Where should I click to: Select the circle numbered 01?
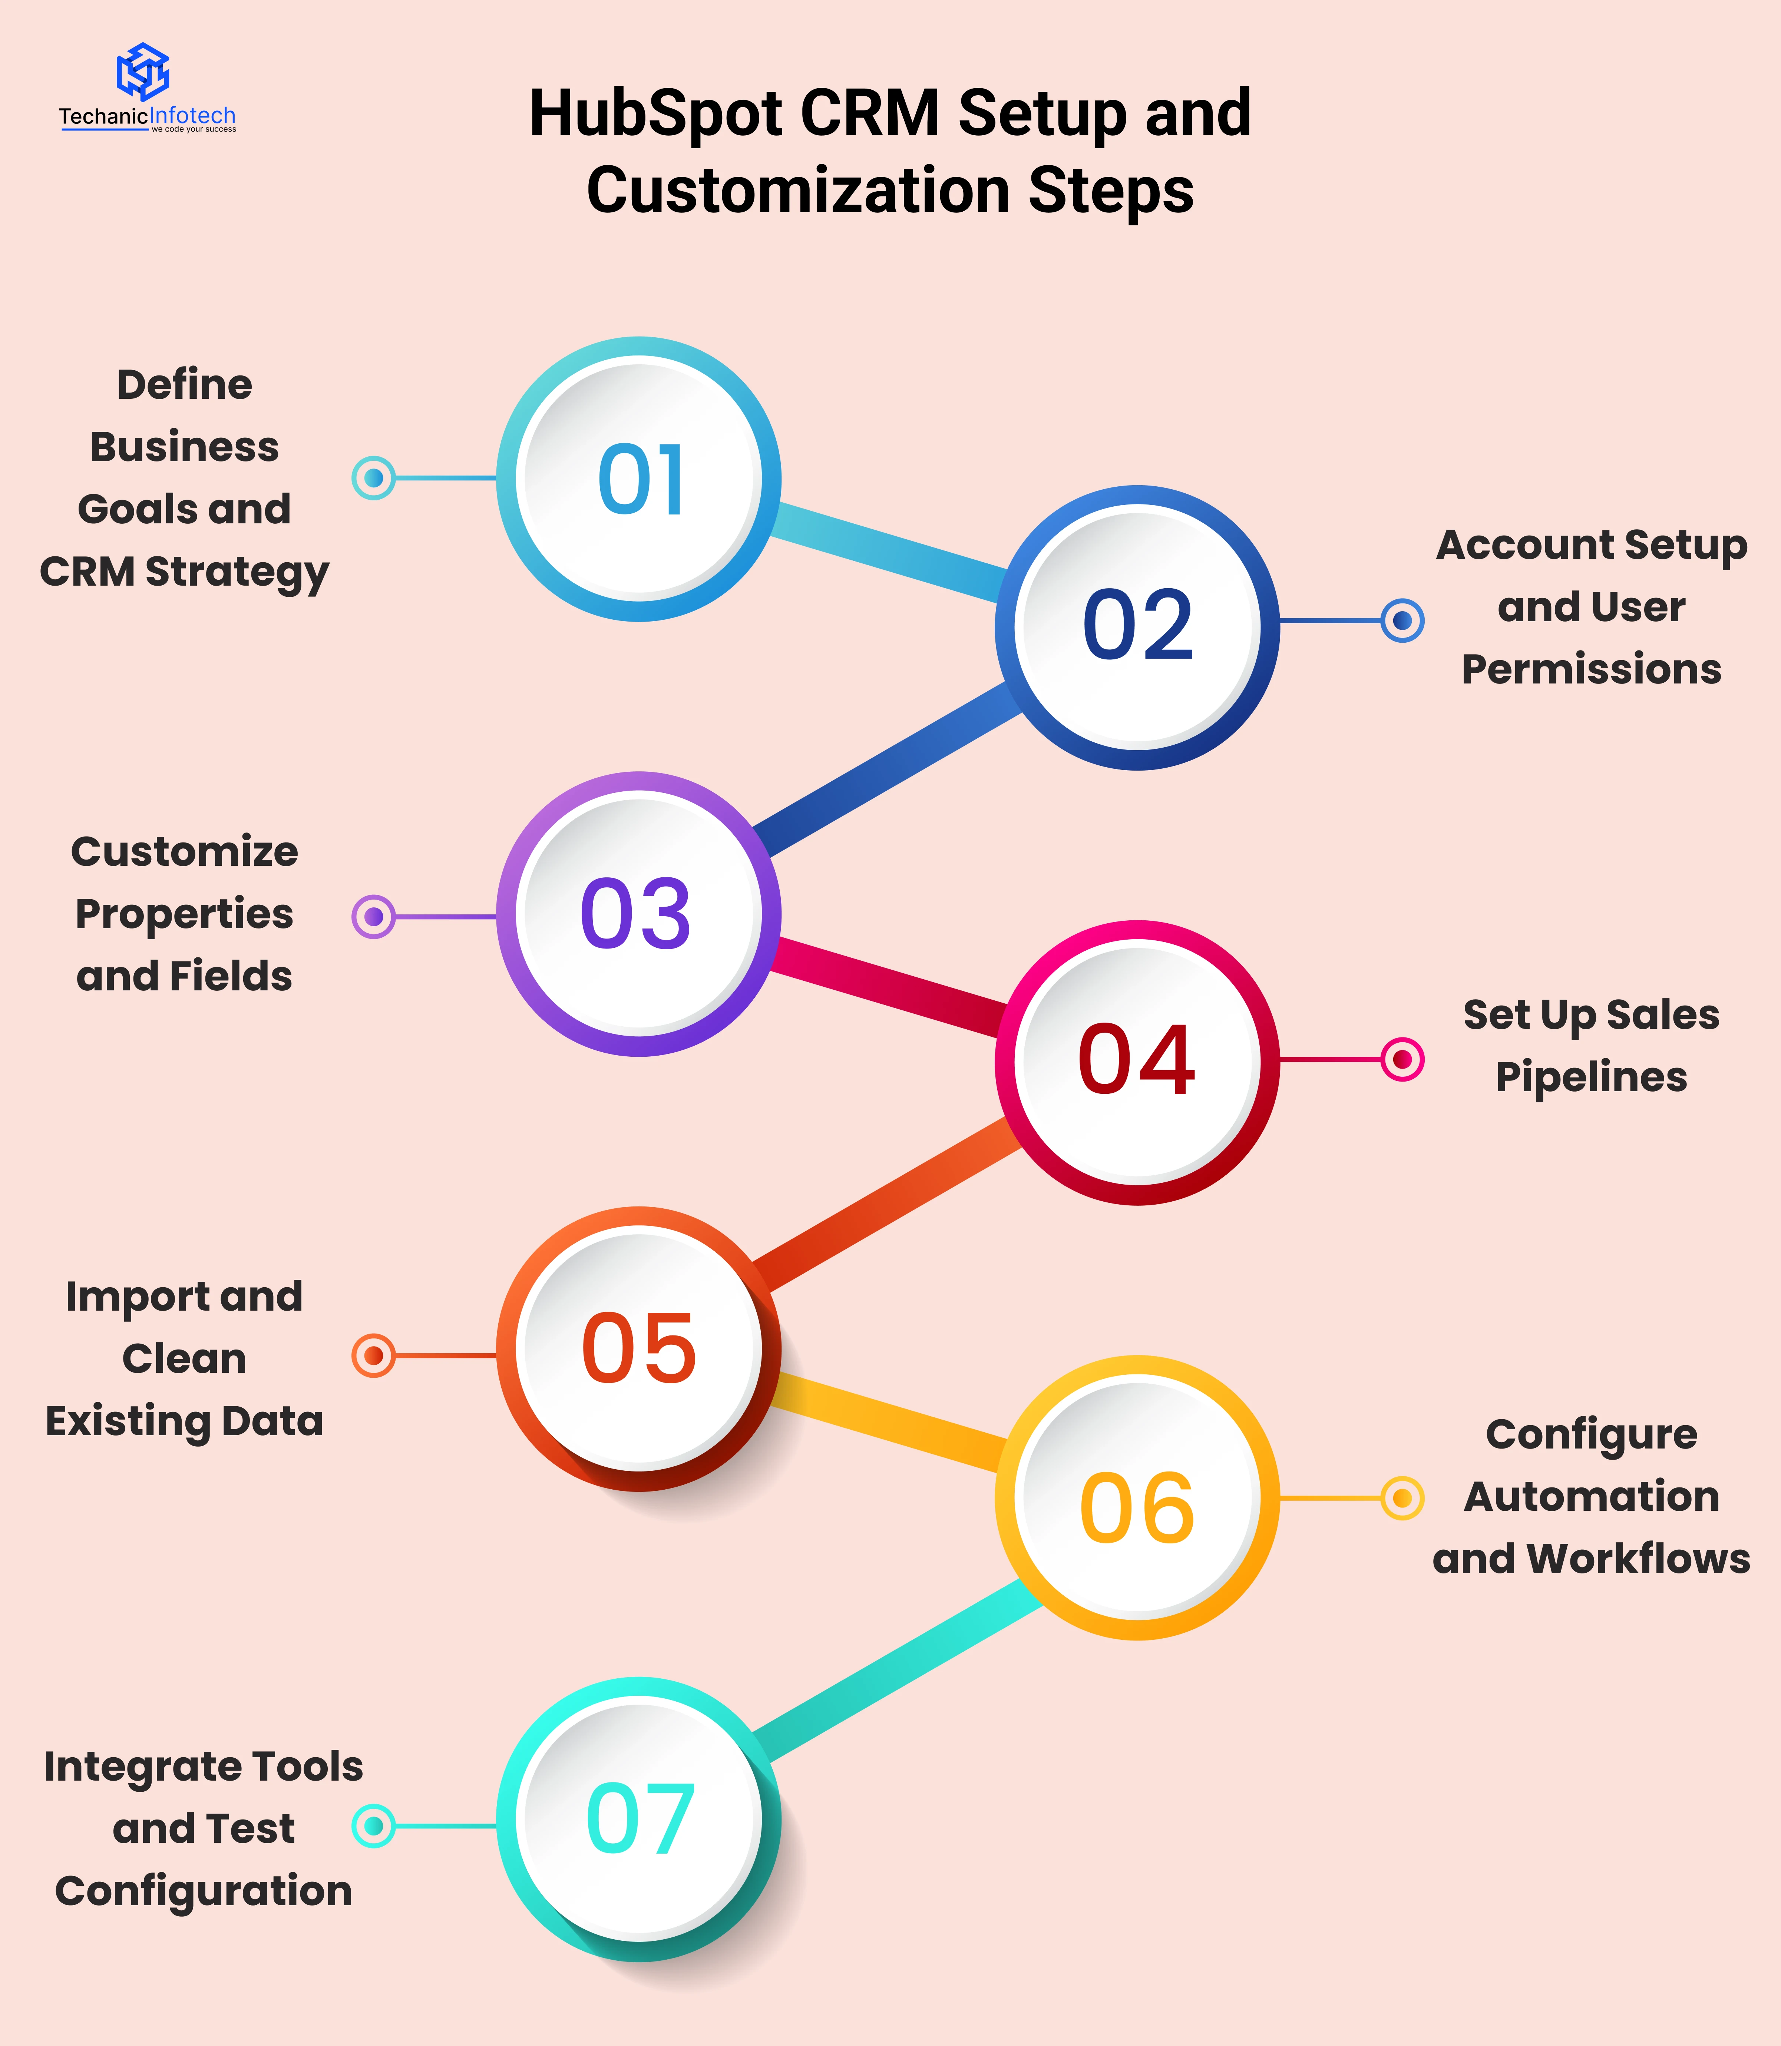tap(639, 479)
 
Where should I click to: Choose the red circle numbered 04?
tap(1137, 1061)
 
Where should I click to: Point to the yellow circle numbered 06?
tap(1137, 1497)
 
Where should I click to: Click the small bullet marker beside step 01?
tap(374, 478)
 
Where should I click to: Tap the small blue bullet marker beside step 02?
tap(1402, 621)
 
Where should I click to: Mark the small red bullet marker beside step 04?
tap(1402, 1059)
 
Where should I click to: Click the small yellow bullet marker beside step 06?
tap(1402, 1497)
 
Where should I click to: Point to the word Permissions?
tap(1591, 670)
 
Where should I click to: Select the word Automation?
tap(1591, 1496)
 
